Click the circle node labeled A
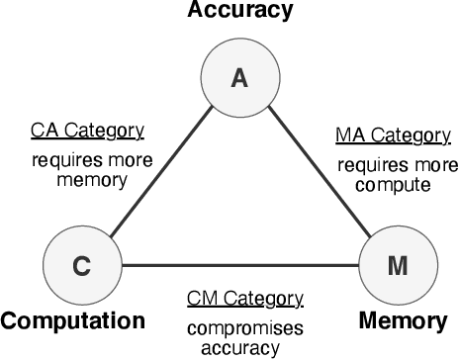[238, 79]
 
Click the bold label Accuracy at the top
[237, 12]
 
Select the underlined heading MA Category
[385, 135]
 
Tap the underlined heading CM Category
[244, 299]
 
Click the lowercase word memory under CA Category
[77, 180]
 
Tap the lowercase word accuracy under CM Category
[241, 347]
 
